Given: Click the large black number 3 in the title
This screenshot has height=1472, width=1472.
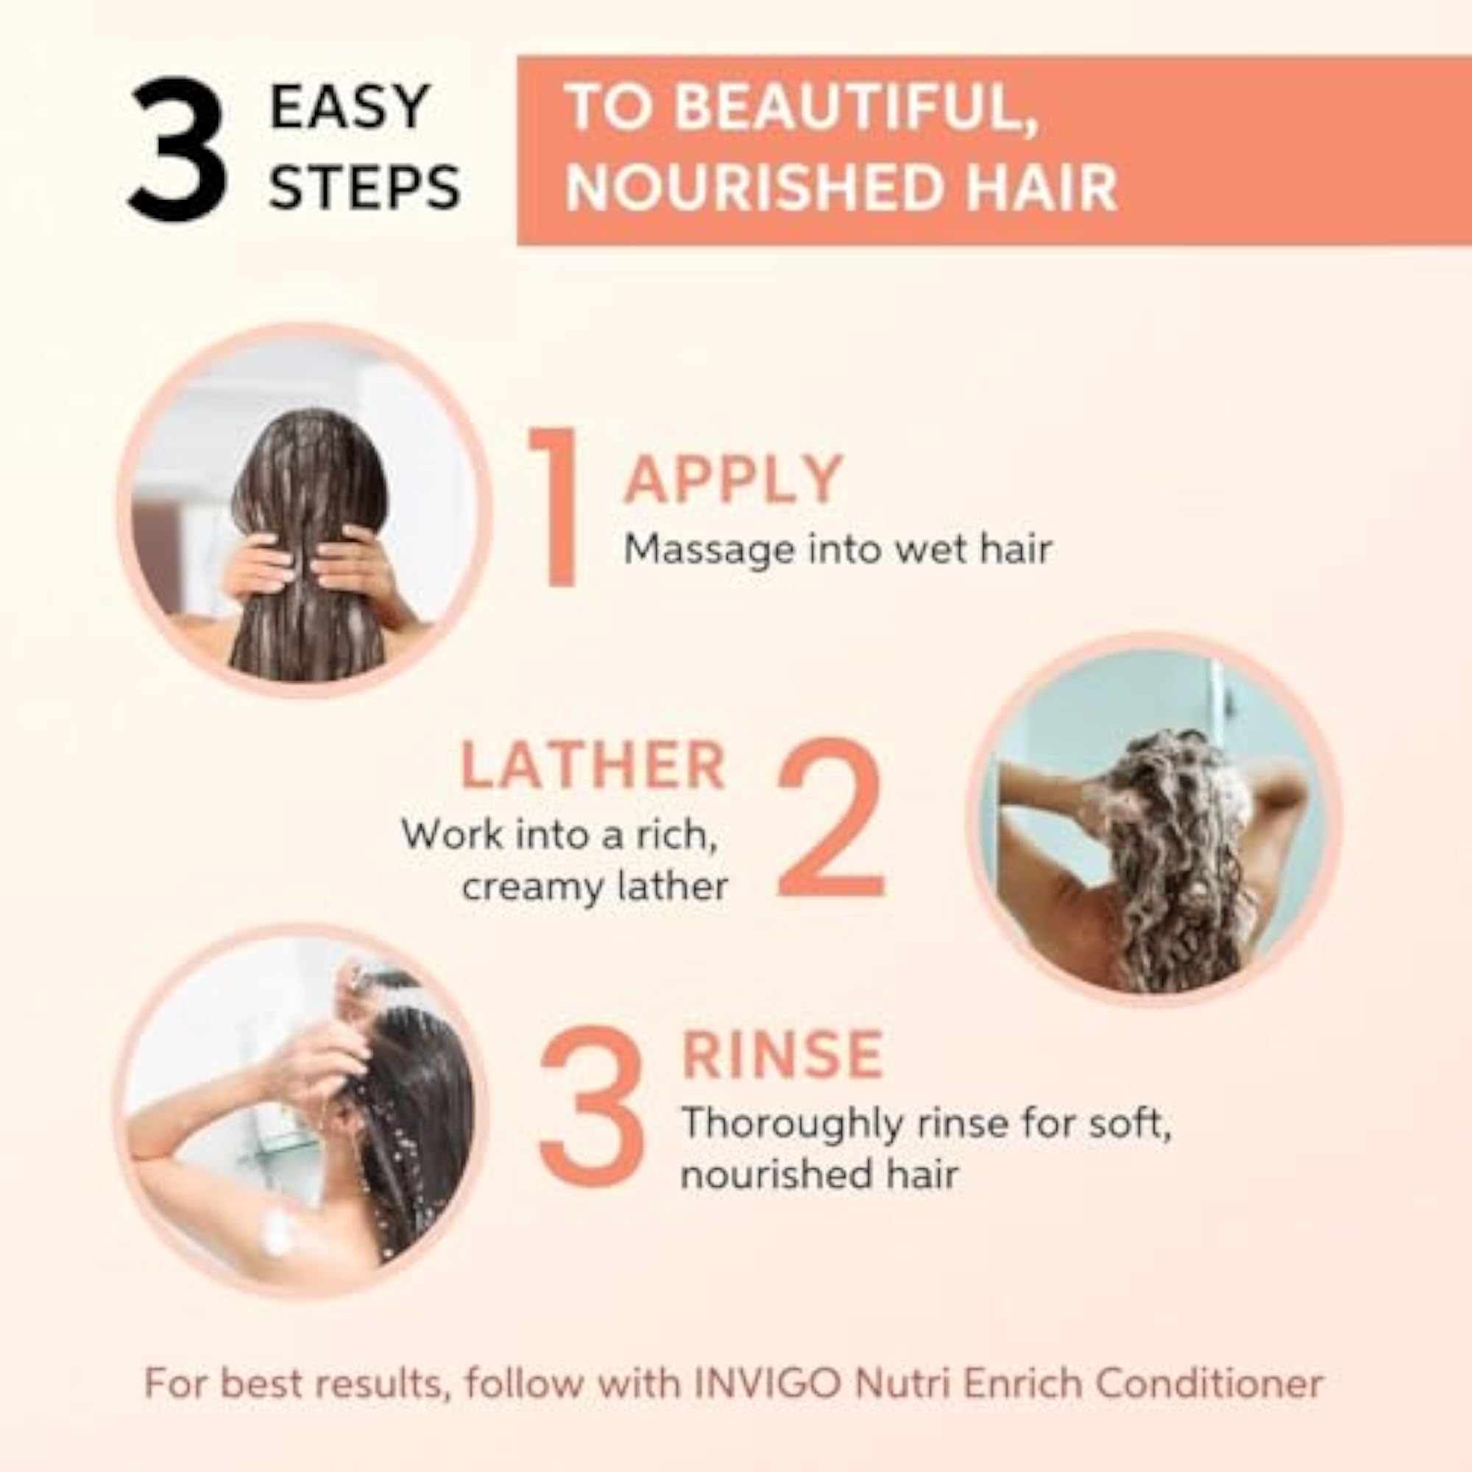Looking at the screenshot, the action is pyautogui.click(x=178, y=150).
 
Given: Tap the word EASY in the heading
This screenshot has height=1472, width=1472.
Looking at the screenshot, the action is pyautogui.click(x=350, y=107).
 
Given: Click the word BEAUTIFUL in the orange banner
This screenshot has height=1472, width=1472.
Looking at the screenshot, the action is pyautogui.click(x=857, y=107).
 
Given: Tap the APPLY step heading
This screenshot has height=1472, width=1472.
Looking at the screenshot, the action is pyautogui.click(x=733, y=479).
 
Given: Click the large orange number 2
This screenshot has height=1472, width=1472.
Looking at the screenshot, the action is pyautogui.click(x=830, y=818).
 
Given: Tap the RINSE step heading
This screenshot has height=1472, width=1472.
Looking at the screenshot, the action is pyautogui.click(x=782, y=1055).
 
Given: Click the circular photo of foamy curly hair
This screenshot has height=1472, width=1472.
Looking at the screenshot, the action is pyautogui.click(x=1153, y=819).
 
